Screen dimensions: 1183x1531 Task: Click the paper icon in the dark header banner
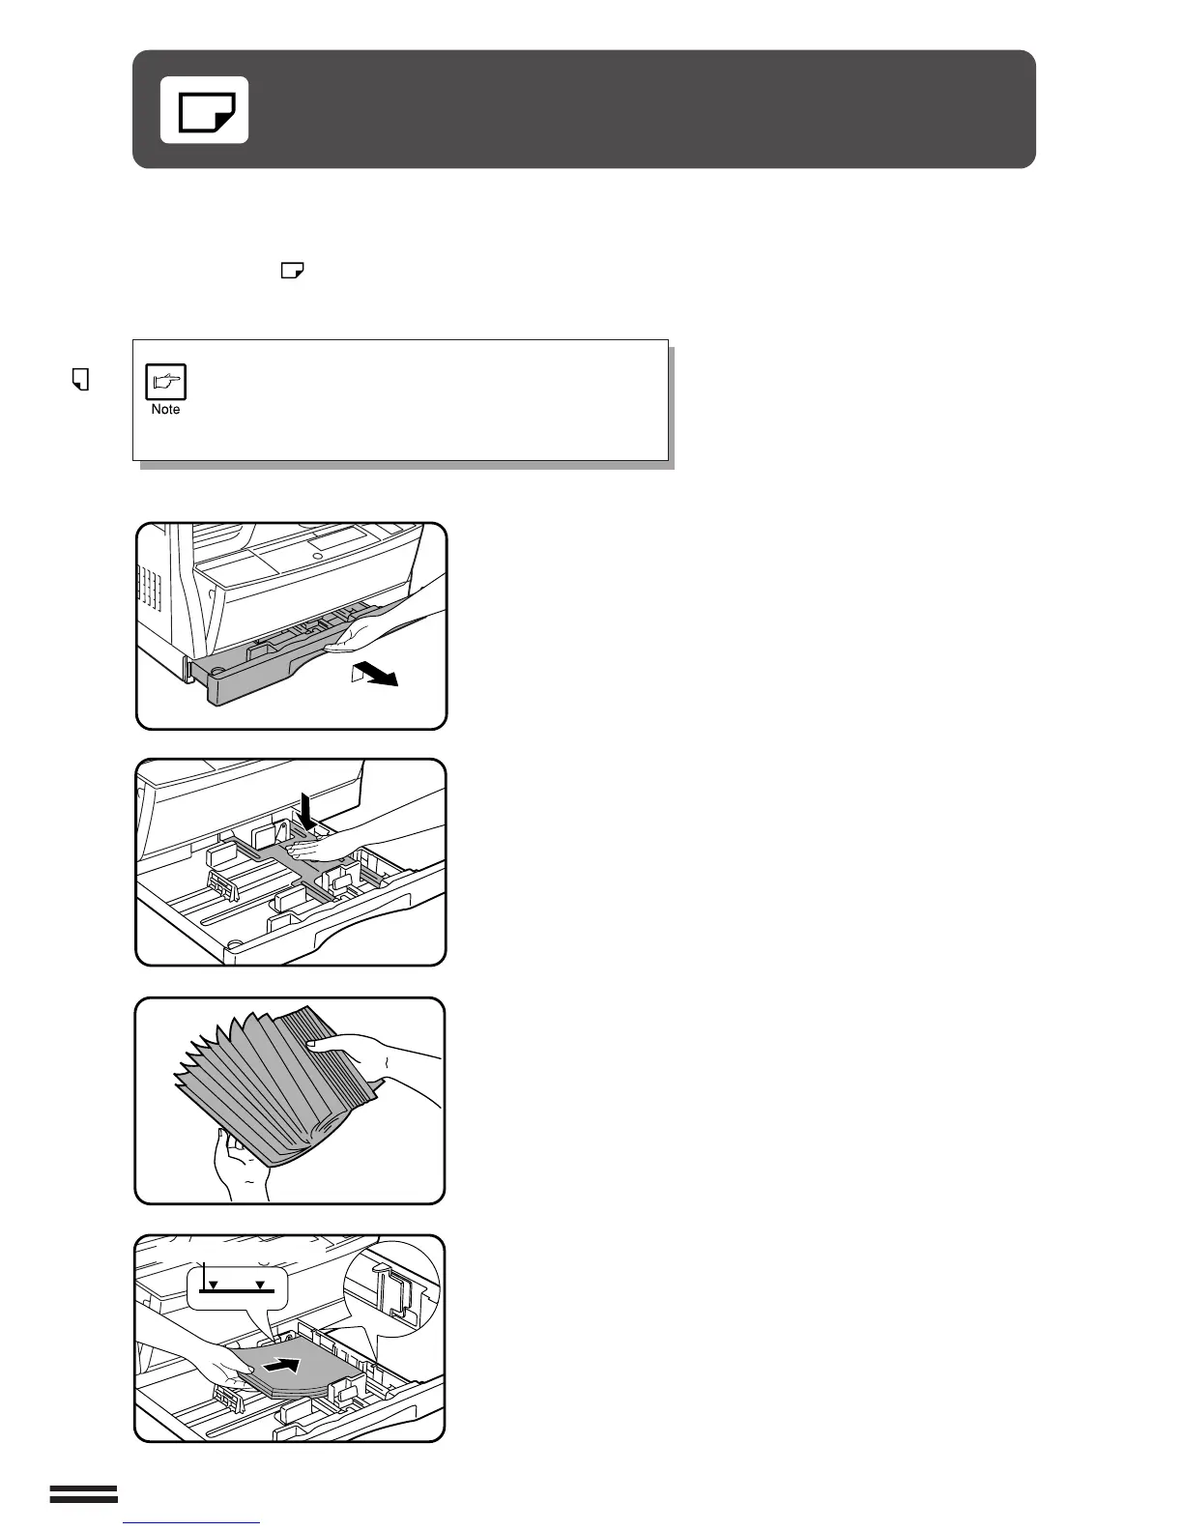click(204, 110)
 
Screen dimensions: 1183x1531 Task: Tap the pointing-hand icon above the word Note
click(165, 383)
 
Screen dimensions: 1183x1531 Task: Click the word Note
click(165, 410)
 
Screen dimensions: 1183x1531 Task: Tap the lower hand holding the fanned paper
click(236, 1165)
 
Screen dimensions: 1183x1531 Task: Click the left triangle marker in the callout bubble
click(215, 1285)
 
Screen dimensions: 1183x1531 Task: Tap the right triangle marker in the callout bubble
click(259, 1285)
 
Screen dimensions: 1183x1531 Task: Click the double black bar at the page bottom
click(83, 1495)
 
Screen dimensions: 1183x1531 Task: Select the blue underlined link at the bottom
click(192, 1522)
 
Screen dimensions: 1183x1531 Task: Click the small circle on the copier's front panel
click(316, 557)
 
